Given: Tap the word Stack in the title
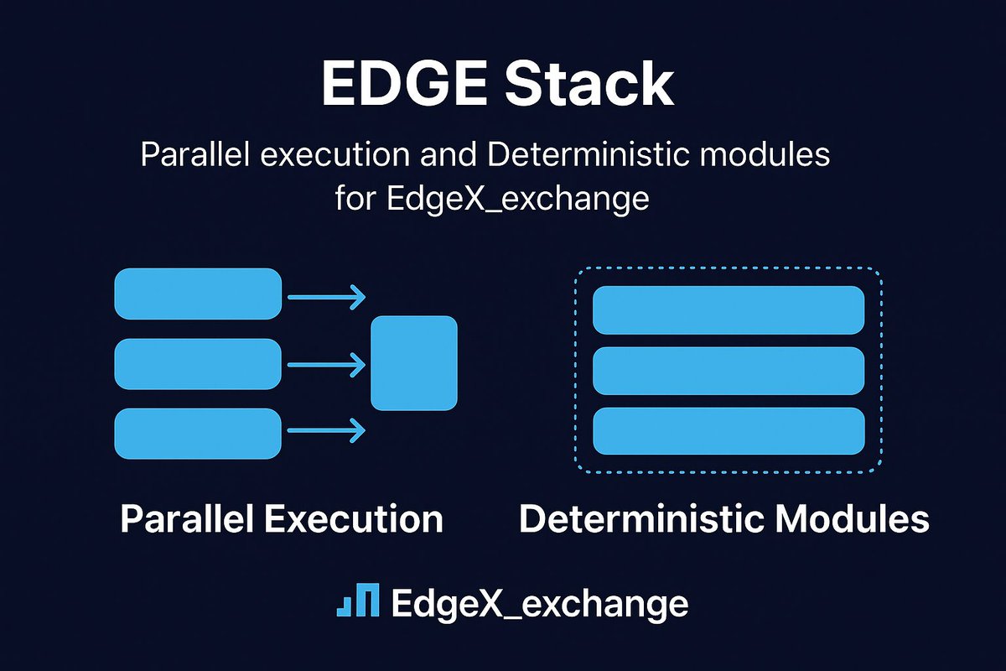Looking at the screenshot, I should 592,84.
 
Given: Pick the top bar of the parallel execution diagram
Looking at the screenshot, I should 198,294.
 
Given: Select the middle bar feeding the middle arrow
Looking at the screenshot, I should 198,364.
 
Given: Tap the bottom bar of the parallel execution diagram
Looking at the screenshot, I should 198,433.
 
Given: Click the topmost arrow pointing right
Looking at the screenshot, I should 327,296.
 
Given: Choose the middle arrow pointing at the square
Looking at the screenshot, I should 327,364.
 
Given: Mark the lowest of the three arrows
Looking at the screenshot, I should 327,431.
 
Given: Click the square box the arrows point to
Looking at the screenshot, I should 414,363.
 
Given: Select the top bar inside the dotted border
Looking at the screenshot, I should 729,310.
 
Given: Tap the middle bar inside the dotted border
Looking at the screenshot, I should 729,371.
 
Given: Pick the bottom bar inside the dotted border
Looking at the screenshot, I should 729,431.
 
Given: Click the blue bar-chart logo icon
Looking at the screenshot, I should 358,600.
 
